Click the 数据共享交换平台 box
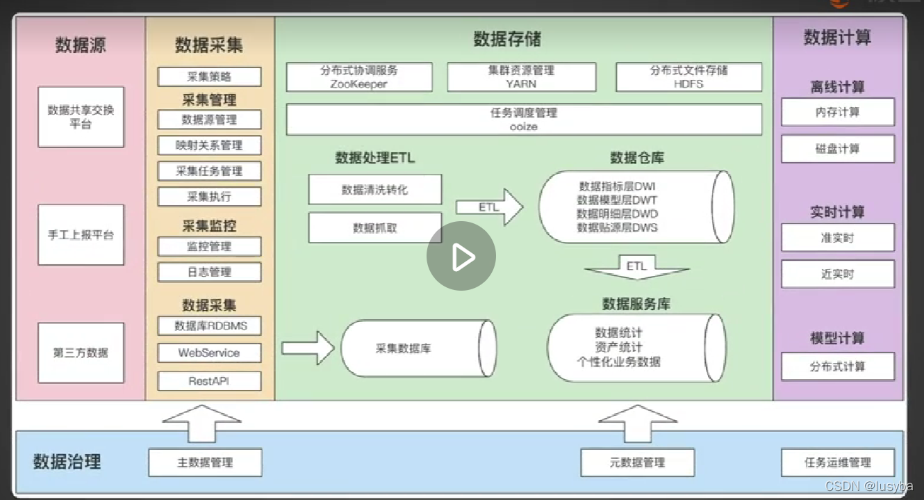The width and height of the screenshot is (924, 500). point(81,117)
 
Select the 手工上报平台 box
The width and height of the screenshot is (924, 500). point(81,235)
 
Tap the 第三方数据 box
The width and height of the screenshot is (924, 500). point(81,353)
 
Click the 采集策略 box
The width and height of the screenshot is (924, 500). point(209,76)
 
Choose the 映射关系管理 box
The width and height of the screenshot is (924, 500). point(209,145)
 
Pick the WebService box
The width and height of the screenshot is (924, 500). point(209,353)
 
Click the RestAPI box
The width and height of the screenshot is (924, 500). point(209,381)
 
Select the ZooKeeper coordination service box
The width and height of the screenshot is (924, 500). point(359,77)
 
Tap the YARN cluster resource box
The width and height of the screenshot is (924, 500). point(521,77)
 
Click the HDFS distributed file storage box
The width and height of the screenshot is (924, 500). point(688,77)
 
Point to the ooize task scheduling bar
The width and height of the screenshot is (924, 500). point(524,120)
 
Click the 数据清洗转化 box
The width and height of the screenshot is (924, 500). point(374,189)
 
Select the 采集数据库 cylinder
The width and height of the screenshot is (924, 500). point(417,348)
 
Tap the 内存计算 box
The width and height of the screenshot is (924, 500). point(837,112)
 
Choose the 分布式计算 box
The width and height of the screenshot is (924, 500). point(837,366)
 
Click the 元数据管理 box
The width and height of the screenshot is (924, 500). point(636,462)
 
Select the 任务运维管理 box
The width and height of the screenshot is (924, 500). point(837,462)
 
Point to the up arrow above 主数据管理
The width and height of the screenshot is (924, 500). point(201,422)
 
